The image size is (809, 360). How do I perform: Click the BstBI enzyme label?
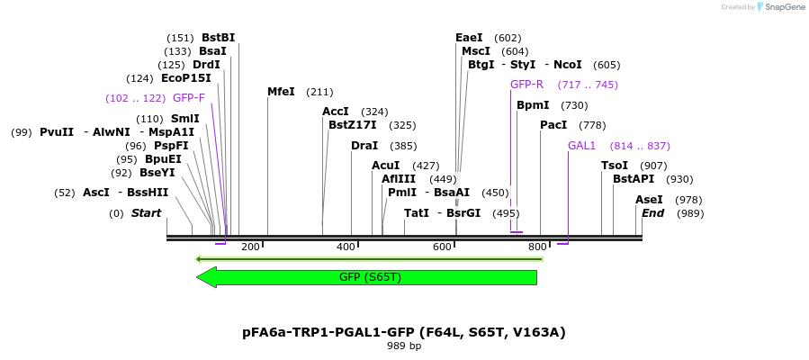tap(218, 38)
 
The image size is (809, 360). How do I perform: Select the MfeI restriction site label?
tap(281, 92)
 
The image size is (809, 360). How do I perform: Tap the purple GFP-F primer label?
tap(189, 98)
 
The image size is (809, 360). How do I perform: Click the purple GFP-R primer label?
tap(526, 85)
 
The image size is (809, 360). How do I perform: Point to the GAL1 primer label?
tap(581, 146)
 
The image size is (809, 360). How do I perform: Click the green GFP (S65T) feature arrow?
tap(366, 277)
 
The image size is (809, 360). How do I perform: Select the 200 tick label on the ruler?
tap(250, 247)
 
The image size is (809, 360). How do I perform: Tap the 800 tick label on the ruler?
tap(537, 247)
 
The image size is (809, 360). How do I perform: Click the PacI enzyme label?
tap(553, 125)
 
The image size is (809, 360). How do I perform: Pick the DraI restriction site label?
tap(364, 146)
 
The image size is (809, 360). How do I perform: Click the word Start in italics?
tap(146, 213)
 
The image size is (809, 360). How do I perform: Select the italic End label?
tap(652, 213)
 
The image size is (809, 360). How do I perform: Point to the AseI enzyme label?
tap(649, 200)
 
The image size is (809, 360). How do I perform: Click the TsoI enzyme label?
tap(615, 166)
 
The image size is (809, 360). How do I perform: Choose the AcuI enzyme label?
tap(386, 166)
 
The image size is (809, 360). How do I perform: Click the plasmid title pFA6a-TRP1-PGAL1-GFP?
tap(403, 332)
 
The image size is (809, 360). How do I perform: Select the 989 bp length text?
tap(403, 346)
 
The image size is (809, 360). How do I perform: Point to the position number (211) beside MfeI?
tap(319, 92)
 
